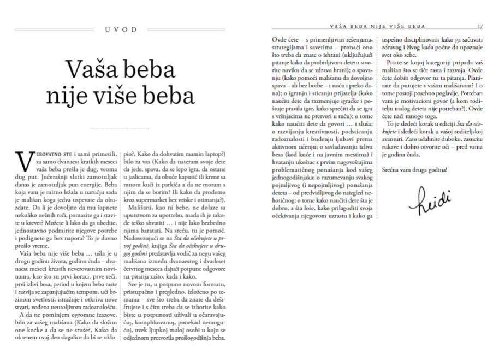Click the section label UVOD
click(121, 29)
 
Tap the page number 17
click(480, 26)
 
